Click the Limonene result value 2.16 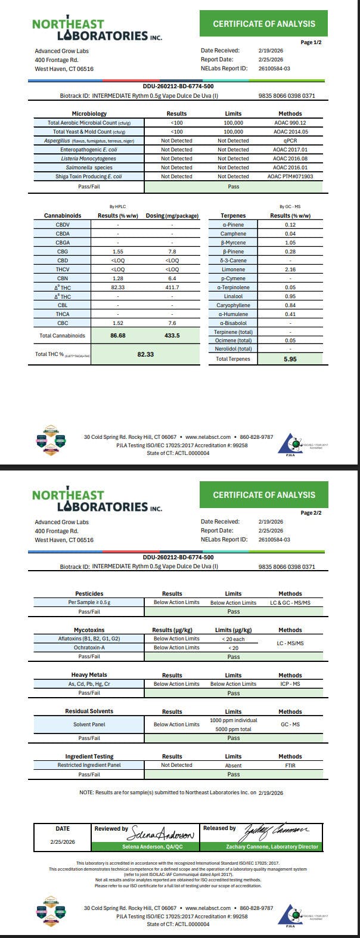point(290,270)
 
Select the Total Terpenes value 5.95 point(290,359)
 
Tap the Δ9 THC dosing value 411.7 point(172,287)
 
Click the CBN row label point(63,278)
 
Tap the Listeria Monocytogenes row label point(88,159)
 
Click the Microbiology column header point(89,113)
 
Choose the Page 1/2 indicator point(311,42)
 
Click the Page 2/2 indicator point(311,513)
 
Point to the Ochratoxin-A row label point(89,648)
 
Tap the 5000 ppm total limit point(233,729)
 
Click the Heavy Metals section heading point(89,675)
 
